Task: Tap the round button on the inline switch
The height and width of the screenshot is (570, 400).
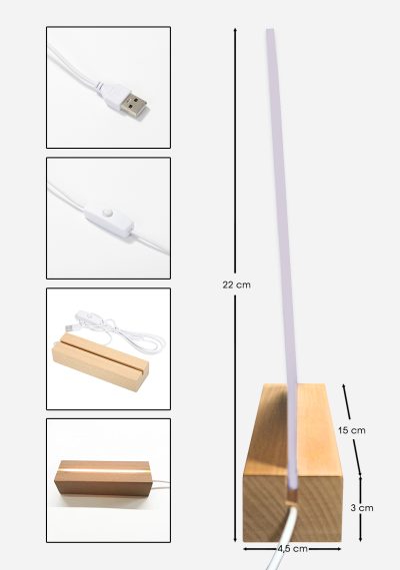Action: click(107, 212)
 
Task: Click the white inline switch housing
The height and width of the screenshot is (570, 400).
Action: click(110, 223)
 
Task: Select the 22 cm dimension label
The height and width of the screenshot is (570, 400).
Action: click(236, 285)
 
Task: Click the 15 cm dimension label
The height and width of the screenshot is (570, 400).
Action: click(352, 430)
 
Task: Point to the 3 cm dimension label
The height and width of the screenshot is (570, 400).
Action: click(362, 508)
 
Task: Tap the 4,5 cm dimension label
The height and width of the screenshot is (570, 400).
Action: click(293, 549)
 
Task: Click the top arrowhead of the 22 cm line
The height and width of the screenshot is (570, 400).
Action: click(235, 30)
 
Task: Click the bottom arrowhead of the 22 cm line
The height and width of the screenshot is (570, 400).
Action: click(235, 539)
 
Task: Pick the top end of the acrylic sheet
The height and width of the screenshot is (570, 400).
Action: click(270, 29)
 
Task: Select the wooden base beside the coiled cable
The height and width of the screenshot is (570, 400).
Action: click(100, 360)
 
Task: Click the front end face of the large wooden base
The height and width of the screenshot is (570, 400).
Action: click(293, 508)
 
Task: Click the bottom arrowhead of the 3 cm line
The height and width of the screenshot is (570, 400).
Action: click(360, 539)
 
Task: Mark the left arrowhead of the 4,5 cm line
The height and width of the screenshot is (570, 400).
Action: click(245, 549)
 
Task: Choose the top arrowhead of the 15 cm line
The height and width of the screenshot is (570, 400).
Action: click(343, 386)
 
